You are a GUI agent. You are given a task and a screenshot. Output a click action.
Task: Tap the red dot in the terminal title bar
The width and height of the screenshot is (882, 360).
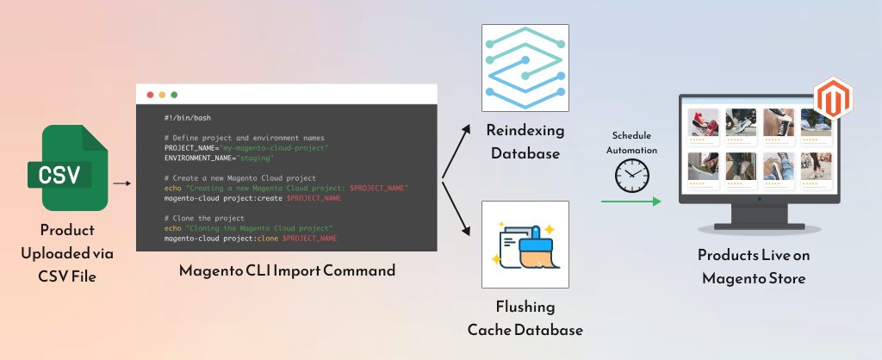point(150,94)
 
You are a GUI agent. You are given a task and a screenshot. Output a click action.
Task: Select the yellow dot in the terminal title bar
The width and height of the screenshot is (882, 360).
point(162,94)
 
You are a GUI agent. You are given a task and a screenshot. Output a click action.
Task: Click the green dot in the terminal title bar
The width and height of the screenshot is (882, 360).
point(174,94)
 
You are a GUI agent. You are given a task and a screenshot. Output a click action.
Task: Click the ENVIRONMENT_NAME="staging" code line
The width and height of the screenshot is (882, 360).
point(219,158)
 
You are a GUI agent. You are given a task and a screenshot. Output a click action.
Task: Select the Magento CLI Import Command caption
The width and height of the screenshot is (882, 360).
point(287,270)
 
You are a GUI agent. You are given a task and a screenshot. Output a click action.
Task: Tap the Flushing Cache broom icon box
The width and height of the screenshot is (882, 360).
point(525,245)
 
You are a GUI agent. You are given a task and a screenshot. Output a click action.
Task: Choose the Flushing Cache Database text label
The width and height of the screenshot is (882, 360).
point(525,318)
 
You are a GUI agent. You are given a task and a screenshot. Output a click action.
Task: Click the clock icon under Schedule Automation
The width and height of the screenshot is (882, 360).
point(630,176)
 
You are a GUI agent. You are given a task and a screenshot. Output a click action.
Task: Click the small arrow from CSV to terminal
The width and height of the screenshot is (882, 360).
point(121,183)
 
